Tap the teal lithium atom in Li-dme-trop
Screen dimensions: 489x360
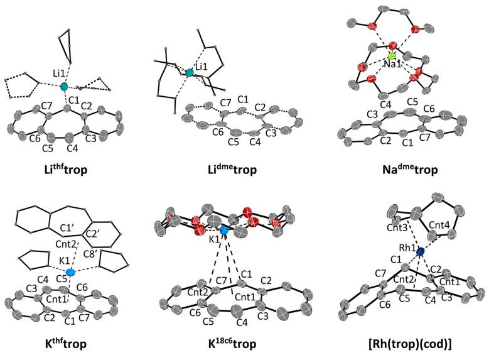189,74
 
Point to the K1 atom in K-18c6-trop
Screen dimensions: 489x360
224,232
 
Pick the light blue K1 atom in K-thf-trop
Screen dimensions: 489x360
70,273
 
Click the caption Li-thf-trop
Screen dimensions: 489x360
70,170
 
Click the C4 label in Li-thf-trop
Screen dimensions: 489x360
71,150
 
